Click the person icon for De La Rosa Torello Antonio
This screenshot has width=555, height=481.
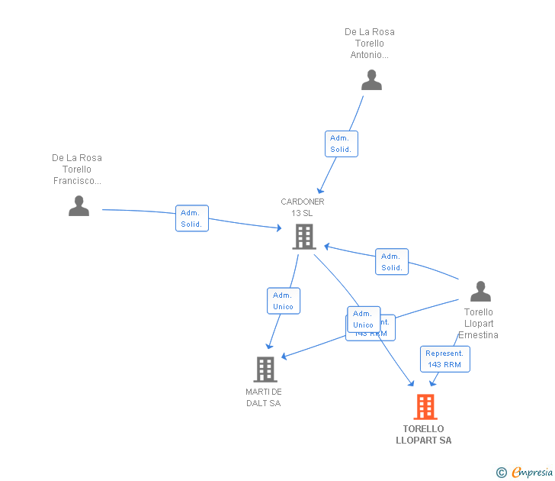tap(371, 80)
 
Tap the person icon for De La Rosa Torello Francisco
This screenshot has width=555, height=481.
tap(79, 205)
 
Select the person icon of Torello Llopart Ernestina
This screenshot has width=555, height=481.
tap(480, 291)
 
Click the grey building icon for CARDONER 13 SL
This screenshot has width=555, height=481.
tap(303, 237)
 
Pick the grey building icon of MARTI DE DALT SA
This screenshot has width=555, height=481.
tap(265, 370)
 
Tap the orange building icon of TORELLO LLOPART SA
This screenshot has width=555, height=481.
tap(425, 407)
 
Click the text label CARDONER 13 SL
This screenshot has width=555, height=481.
tap(303, 207)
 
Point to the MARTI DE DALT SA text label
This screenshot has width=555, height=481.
tap(264, 398)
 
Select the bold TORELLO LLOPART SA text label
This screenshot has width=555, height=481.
tap(424, 434)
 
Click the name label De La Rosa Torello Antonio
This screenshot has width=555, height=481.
tap(370, 44)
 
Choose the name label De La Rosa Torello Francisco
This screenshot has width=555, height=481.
tap(77, 169)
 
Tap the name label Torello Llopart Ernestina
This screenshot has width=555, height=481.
tap(479, 323)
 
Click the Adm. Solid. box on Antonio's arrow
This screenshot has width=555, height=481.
tap(341, 144)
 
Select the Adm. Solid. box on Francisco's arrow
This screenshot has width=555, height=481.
tap(191, 218)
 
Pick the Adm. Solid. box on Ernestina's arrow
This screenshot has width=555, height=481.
tap(392, 262)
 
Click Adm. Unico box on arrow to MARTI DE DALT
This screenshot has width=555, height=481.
tap(283, 301)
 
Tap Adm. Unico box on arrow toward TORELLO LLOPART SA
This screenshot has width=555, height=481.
tap(363, 319)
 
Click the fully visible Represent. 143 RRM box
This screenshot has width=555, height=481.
tap(444, 359)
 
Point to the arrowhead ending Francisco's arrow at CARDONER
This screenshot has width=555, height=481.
tap(279, 228)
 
